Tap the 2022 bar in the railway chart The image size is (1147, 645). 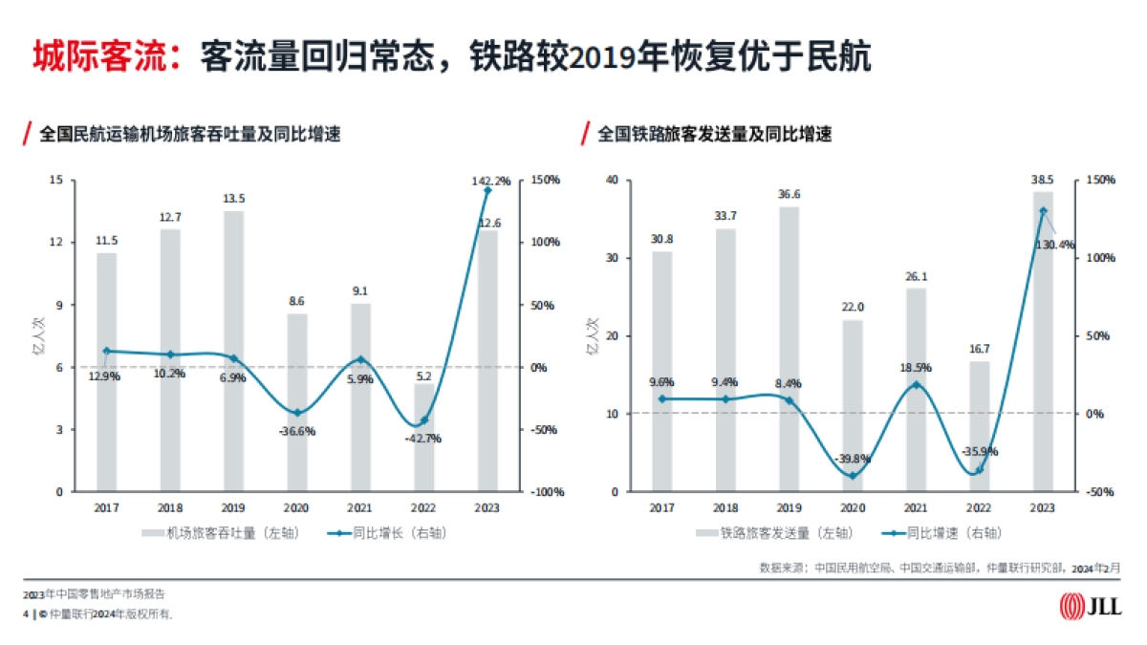click(980, 426)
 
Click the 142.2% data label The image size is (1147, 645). click(491, 180)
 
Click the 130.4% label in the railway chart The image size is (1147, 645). click(1054, 245)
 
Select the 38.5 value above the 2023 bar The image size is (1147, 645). click(1043, 179)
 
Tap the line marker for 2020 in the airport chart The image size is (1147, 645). click(297, 413)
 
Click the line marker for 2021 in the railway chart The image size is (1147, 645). click(916, 385)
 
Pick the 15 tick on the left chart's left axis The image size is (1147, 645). click(56, 180)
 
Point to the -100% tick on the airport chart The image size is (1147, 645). click(546, 492)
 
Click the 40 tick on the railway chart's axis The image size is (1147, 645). click(612, 180)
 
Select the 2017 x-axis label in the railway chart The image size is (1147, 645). click(662, 508)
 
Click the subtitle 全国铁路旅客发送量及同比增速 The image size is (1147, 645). click(715, 135)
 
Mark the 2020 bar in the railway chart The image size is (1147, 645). click(853, 406)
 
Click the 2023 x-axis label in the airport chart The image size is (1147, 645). click(487, 508)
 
